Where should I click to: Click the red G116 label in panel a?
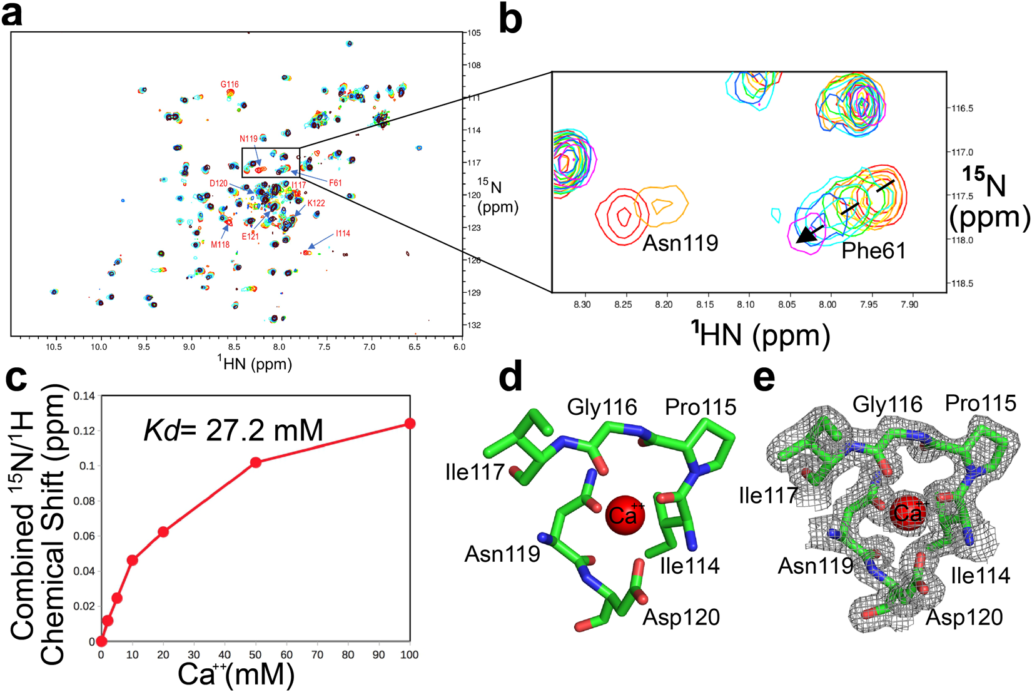tap(230, 84)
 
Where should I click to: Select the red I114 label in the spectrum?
tap(343, 233)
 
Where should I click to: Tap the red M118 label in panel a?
tap(220, 245)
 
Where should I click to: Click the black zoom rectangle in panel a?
tap(270, 163)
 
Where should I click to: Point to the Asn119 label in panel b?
tap(680, 243)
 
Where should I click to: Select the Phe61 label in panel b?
tap(873, 251)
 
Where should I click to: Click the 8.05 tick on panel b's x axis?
tap(786, 305)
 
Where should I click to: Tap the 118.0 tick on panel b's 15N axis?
tap(961, 240)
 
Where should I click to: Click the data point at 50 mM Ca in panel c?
tap(255, 462)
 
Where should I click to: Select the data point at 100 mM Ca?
tap(410, 424)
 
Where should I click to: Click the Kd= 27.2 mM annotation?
tap(233, 430)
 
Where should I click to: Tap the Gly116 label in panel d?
tap(602, 407)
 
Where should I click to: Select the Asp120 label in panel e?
tap(964, 618)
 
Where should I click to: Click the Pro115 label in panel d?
tap(701, 407)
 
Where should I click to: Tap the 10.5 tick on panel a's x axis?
tap(54, 347)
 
